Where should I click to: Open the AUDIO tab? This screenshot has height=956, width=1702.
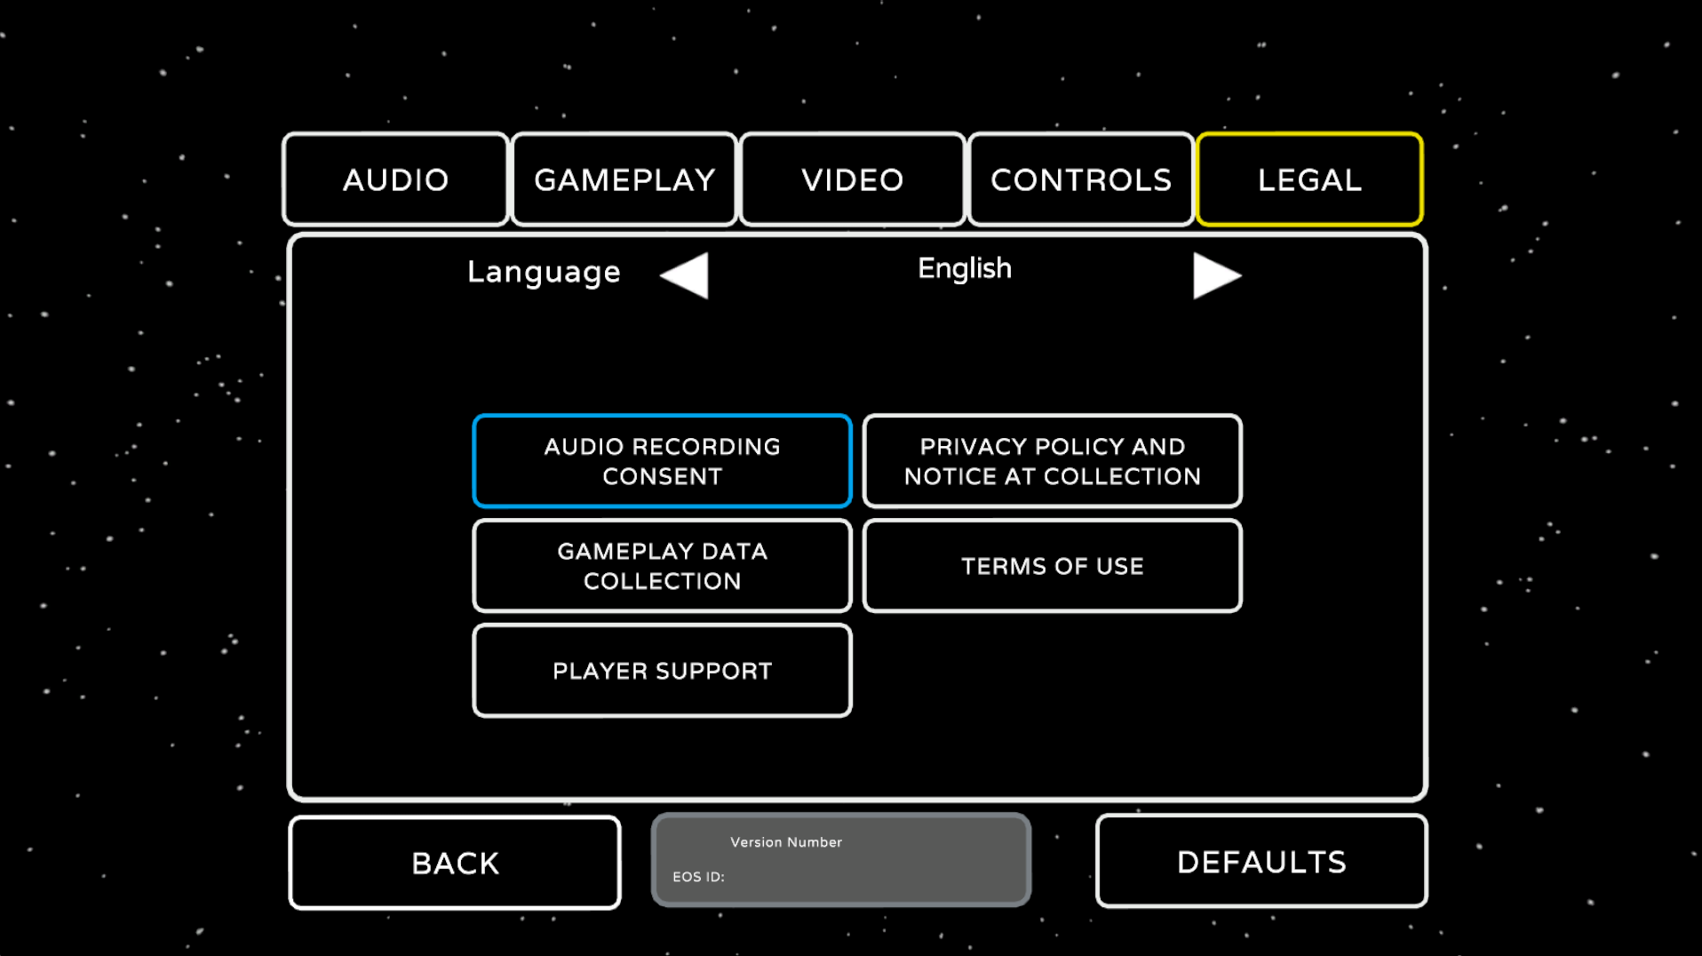395,179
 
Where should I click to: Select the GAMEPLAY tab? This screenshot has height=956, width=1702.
624,179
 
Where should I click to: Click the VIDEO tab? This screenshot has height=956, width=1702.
853,179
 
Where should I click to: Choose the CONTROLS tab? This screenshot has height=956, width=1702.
1081,179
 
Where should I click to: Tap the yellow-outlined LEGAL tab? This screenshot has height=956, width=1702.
1309,179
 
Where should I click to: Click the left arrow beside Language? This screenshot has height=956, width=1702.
686,275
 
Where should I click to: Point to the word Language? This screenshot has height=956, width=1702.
544,272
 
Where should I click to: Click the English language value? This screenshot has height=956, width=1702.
965,268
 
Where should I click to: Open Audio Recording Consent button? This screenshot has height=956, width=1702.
662,461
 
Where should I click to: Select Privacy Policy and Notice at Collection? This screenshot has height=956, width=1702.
1052,461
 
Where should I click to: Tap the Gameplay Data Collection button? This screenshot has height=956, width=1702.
662,566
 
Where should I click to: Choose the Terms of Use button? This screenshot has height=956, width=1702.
1052,566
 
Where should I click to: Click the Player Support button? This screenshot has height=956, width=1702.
662,671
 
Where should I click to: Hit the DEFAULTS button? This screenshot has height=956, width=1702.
1261,862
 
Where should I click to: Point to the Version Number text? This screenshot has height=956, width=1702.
786,842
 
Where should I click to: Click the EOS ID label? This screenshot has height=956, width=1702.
698,877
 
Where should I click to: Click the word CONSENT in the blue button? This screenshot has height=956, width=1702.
662,477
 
